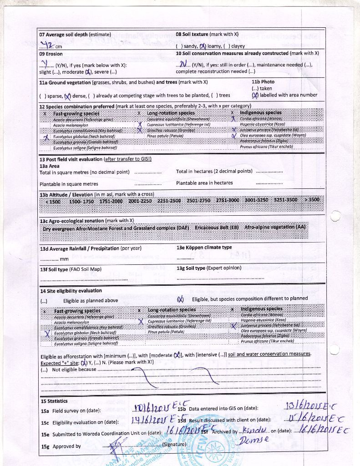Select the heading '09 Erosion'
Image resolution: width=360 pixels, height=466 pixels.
click(51, 54)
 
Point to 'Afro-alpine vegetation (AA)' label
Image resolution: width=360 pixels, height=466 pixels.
click(275, 227)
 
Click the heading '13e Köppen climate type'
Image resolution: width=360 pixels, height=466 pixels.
click(204, 248)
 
